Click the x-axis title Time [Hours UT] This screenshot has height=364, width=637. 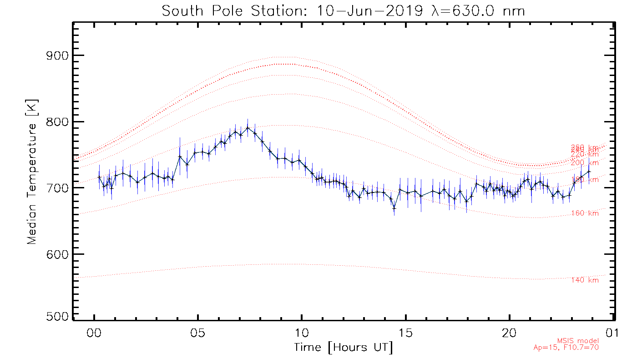tap(344, 348)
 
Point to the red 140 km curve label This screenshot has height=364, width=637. tap(585, 280)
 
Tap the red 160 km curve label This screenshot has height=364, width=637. tap(585, 213)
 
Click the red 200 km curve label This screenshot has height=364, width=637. tap(585, 163)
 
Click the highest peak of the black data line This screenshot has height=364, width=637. tap(247, 128)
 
